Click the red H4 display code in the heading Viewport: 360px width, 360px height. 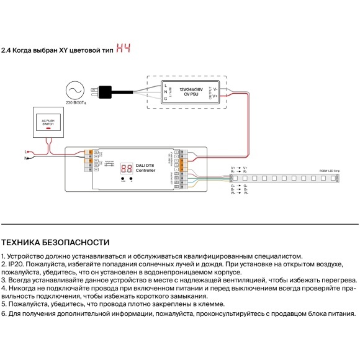click(124, 49)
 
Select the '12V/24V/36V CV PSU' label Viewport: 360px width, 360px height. click(191, 93)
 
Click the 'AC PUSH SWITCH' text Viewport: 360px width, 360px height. click(48, 122)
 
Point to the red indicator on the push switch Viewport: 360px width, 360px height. click(48, 128)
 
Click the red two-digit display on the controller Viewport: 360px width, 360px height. click(125, 168)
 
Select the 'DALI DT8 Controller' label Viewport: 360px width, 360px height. click(145, 167)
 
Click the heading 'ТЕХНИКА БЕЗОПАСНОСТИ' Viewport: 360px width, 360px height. click(55, 242)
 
